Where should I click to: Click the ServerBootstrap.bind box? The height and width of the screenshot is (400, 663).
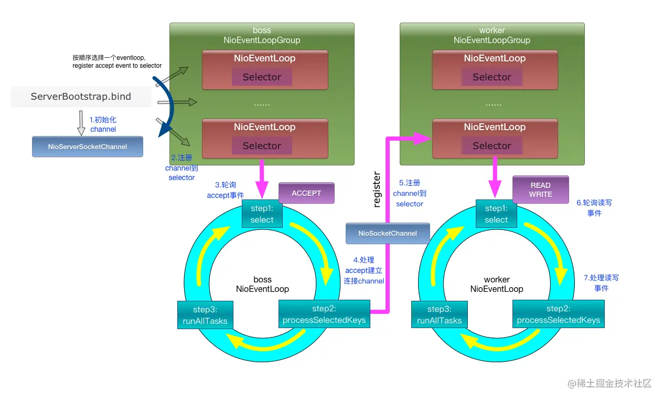pyautogui.click(x=81, y=97)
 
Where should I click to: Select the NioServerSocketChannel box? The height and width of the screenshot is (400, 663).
pyautogui.click(x=87, y=147)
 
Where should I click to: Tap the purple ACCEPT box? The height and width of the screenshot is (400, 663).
pyautogui.click(x=306, y=193)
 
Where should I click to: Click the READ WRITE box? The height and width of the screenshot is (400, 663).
pyautogui.click(x=540, y=190)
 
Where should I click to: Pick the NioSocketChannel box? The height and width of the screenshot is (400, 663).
pyautogui.click(x=388, y=233)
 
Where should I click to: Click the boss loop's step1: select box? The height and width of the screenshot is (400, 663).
pyautogui.click(x=262, y=214)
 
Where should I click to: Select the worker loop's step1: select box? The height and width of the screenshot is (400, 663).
pyautogui.click(x=496, y=214)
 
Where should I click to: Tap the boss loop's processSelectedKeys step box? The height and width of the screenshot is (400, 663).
pyautogui.click(x=324, y=314)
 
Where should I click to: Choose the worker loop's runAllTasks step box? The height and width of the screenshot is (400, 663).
pyautogui.click(x=439, y=315)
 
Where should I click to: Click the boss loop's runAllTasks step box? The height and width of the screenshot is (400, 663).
pyautogui.click(x=205, y=315)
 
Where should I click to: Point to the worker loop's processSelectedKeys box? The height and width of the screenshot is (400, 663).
pyautogui.click(x=558, y=314)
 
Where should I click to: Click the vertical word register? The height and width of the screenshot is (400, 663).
pyautogui.click(x=377, y=189)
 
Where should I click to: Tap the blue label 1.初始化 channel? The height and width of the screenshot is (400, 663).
pyautogui.click(x=103, y=125)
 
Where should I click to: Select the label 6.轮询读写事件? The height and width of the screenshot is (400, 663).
pyautogui.click(x=594, y=208)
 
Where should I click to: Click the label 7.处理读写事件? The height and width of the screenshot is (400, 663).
pyautogui.click(x=601, y=283)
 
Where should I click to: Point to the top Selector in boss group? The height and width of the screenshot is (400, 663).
pyautogui.click(x=262, y=77)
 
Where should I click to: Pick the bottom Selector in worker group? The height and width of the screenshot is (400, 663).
pyautogui.click(x=491, y=146)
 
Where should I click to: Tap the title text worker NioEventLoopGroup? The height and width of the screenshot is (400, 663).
pyautogui.click(x=491, y=36)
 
